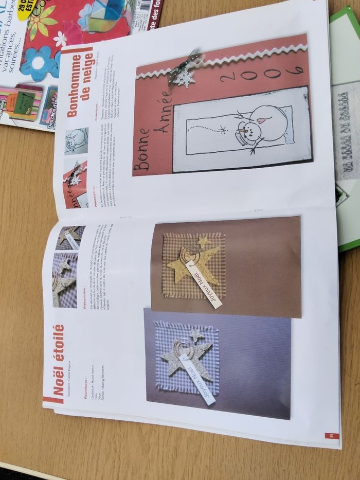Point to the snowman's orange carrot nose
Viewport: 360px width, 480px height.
[241, 139]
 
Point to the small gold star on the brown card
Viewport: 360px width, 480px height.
[204, 241]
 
